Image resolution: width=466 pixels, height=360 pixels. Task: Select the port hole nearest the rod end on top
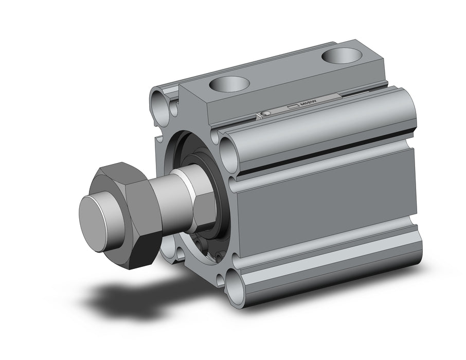(230, 83)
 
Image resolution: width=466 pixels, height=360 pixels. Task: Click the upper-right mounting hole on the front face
(227, 150)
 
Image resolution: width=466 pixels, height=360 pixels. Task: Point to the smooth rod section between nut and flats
(175, 206)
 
